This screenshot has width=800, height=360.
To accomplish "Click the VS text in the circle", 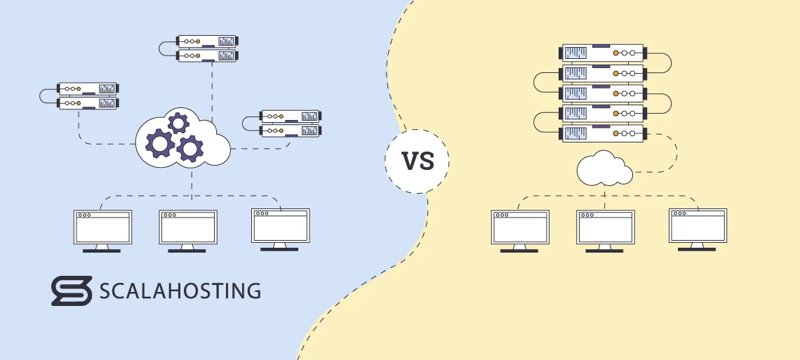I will pos(417,162).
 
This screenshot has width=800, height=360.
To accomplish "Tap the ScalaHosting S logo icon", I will pos(72,290).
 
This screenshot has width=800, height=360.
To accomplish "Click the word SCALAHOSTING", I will pos(180,291).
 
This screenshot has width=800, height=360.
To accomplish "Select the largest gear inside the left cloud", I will pos(160,143).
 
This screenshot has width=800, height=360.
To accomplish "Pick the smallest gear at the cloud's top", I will pos(178,124).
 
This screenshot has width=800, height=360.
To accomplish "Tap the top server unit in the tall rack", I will pos(604,53).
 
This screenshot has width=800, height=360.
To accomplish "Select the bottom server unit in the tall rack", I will pos(604,133).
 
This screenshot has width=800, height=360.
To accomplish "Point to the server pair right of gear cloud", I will pos(291,123).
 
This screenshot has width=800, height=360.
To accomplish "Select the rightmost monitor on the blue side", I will pos(280,225).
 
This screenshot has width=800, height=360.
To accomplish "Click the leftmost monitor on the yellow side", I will pos(520,227).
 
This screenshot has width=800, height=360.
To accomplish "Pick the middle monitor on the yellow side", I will pos(604,227).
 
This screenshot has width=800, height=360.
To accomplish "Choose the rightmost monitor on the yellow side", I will pos(697,225).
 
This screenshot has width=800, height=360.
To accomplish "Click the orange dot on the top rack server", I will pos(616,53).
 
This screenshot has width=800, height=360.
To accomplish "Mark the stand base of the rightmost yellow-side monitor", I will pos(697,248).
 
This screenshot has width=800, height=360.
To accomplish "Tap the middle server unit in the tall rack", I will pos(604,93).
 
